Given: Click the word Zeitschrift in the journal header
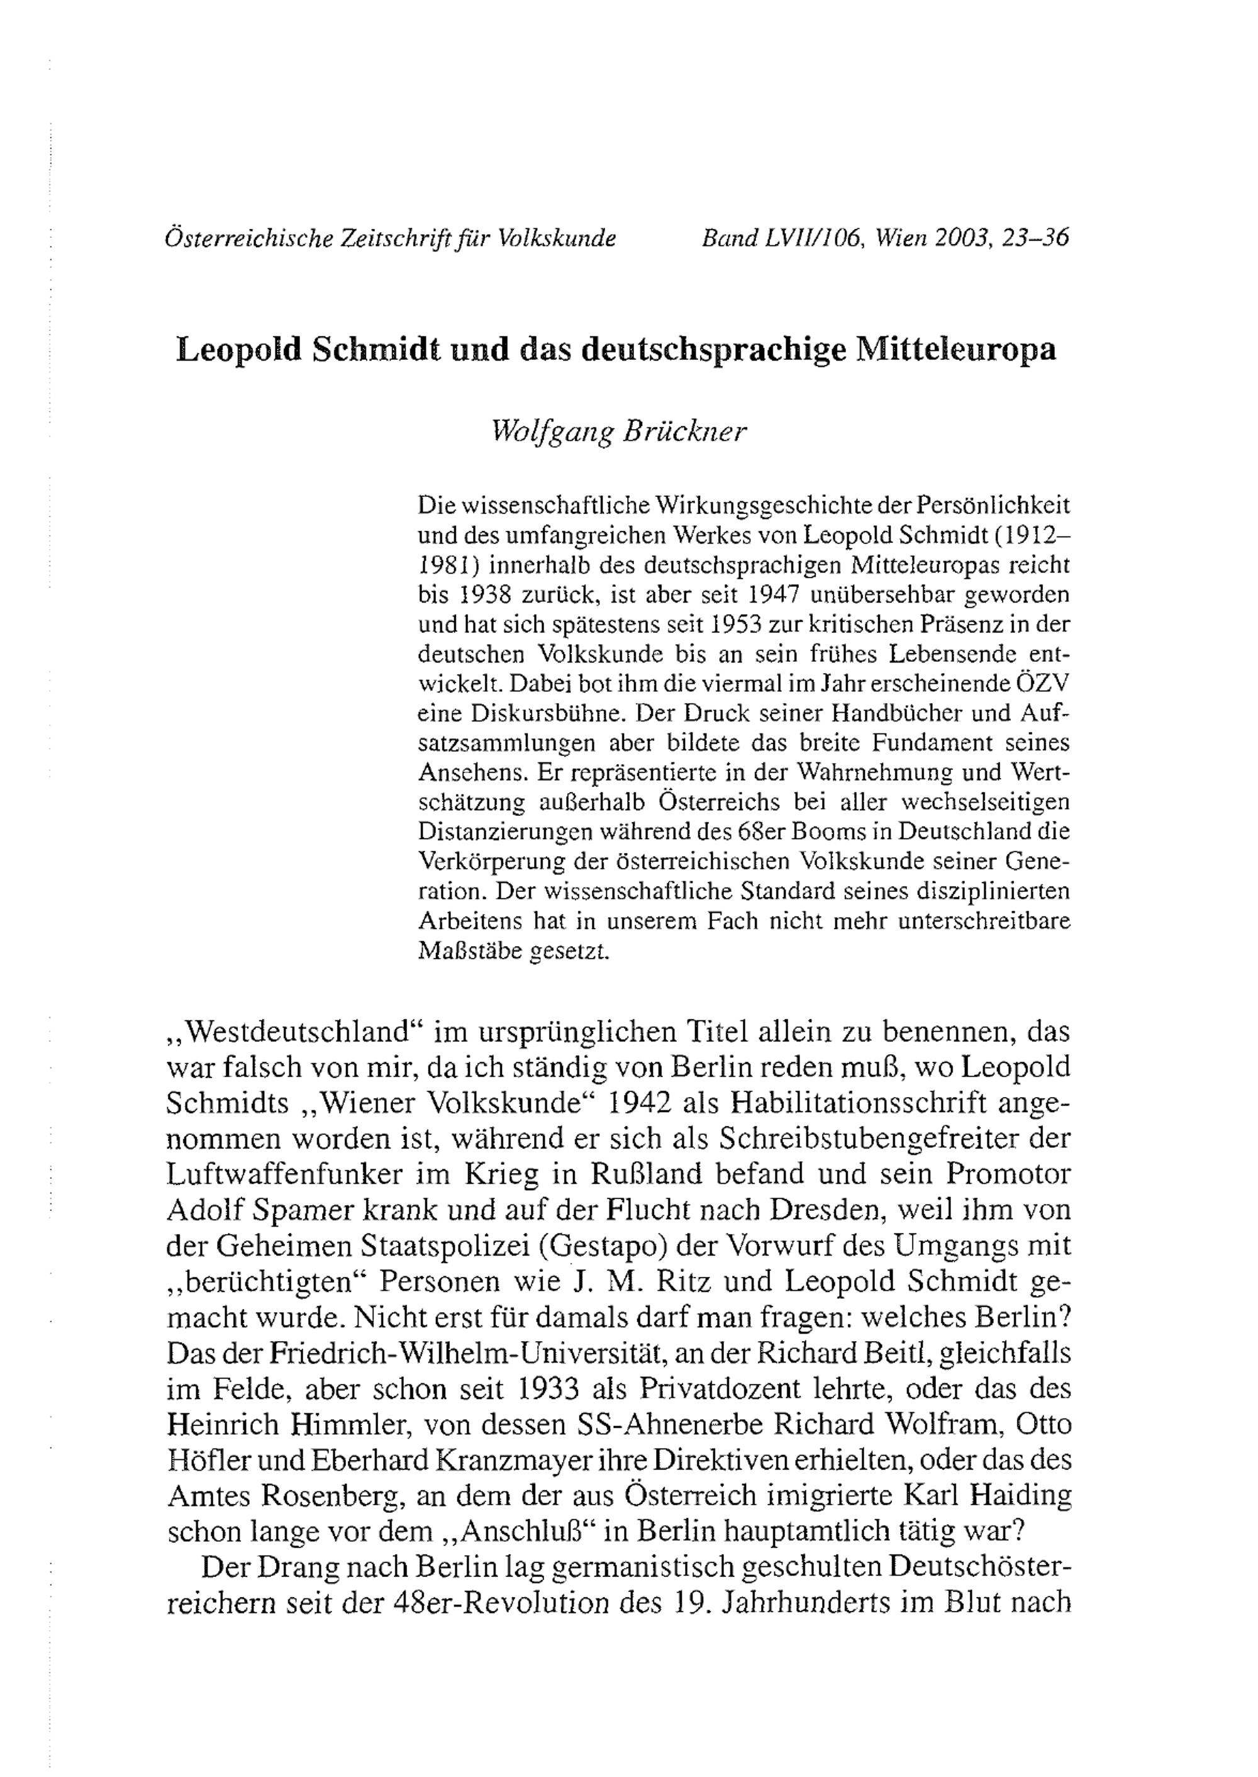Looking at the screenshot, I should click(385, 238).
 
